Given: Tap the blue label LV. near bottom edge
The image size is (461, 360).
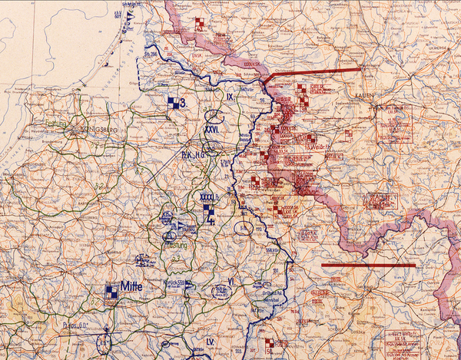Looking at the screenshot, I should pos(209,340).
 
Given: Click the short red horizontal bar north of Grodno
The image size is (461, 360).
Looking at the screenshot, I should pos(379,266).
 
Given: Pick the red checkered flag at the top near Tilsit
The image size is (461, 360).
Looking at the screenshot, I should pos(200,23).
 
